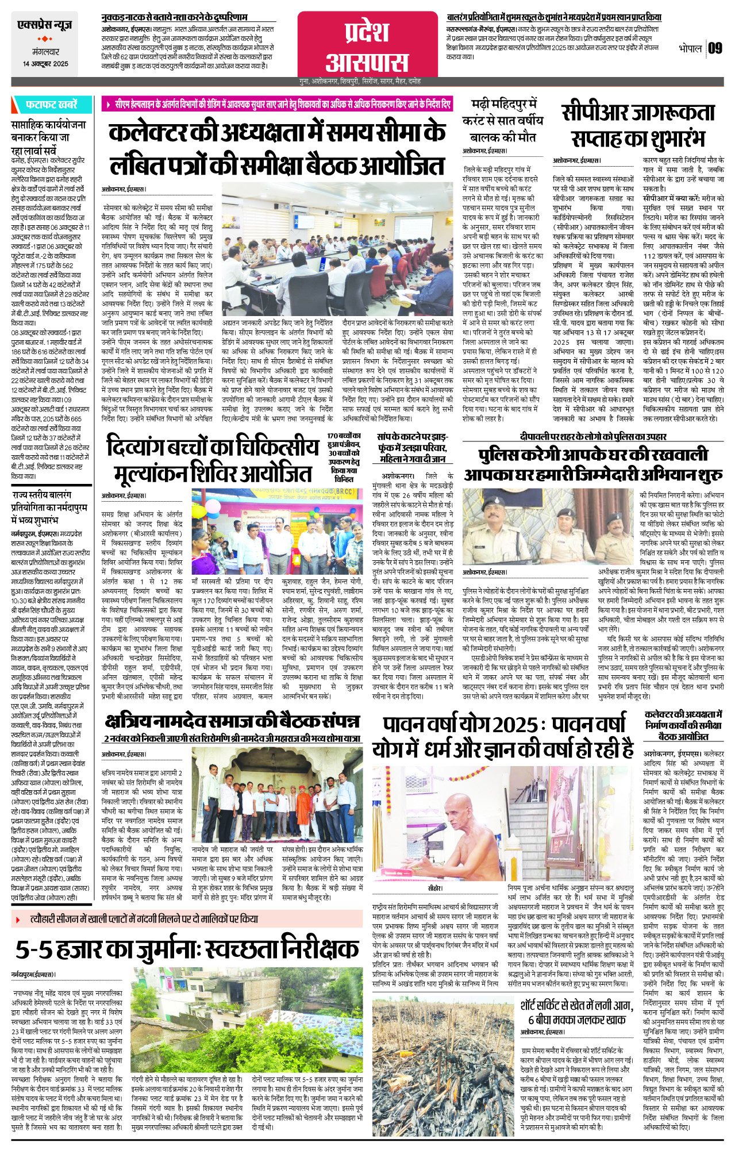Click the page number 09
coord(715,48)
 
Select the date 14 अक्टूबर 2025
coord(45,64)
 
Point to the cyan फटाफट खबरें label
coord(51,105)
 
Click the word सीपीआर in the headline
coord(594,113)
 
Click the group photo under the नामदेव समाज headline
coord(277,794)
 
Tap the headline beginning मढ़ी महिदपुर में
coord(503,105)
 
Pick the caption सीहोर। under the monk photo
coord(435,888)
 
